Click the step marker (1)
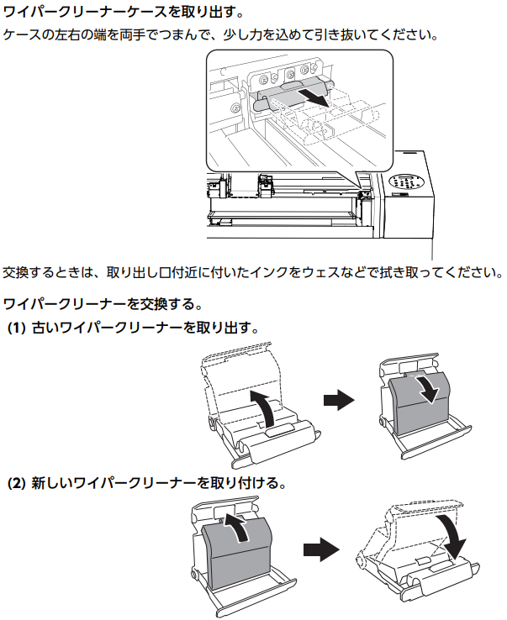(x=16, y=328)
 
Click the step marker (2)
(x=16, y=484)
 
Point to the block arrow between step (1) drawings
(x=339, y=400)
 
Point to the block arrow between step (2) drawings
(x=321, y=549)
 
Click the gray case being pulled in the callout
(x=289, y=94)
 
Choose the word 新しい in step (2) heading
(x=51, y=484)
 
